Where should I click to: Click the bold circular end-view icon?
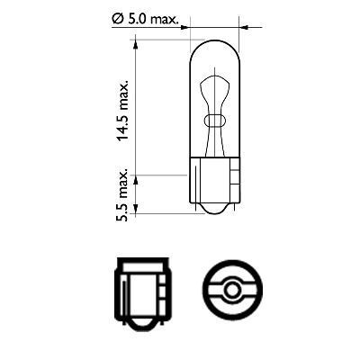tap(233, 290)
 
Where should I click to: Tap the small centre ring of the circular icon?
tap(233, 290)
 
